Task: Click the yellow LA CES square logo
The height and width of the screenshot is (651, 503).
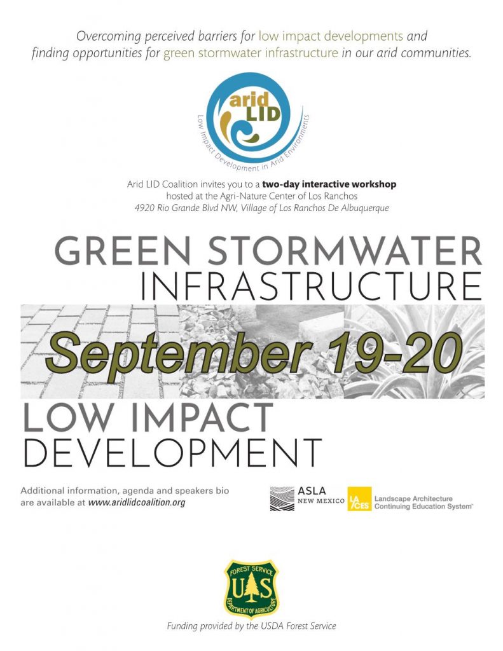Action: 359,498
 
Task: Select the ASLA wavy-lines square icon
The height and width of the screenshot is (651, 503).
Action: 282,498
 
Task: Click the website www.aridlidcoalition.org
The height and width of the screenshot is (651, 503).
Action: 137,502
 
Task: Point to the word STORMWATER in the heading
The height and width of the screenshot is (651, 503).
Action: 345,250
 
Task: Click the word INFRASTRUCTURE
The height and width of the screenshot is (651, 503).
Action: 312,287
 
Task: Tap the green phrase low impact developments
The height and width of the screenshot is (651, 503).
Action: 331,36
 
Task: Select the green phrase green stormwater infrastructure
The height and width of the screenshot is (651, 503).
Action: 251,53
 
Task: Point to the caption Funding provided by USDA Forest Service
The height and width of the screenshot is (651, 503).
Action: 251,626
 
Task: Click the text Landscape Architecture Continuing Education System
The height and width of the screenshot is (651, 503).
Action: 424,502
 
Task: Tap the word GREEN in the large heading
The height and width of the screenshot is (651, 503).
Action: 123,250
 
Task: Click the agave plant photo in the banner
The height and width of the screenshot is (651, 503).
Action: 414,352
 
